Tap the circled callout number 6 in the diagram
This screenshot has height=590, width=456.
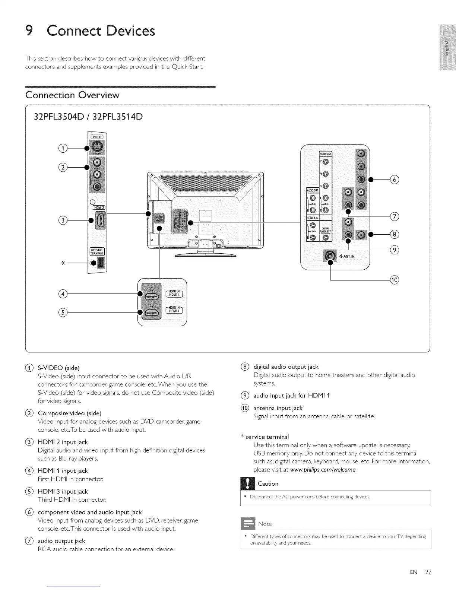(395, 179)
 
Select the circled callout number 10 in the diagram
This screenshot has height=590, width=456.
(394, 280)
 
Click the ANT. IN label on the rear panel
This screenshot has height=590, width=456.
(347, 256)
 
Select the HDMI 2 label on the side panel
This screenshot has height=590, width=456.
(98, 207)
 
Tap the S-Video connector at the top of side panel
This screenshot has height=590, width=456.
(97, 147)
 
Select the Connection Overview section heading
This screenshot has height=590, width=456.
(72, 95)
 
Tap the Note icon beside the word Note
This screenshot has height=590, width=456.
(248, 523)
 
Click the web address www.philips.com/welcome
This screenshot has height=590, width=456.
(323, 470)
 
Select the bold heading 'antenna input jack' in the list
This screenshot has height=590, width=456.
(278, 408)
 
